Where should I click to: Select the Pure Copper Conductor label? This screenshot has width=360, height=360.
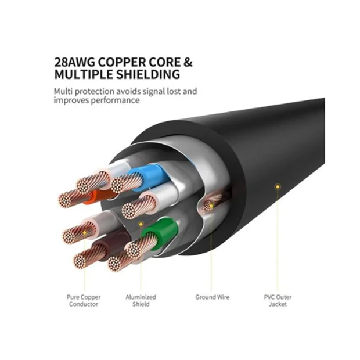tap(83, 300)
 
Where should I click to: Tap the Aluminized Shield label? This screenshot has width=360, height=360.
tap(141, 300)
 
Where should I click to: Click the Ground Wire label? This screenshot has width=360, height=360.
tap(212, 297)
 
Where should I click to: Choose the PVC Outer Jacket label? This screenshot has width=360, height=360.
tap(278, 300)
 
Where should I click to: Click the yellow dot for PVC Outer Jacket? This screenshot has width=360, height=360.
tap(278, 186)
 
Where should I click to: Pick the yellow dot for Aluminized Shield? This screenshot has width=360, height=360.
tap(140, 224)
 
